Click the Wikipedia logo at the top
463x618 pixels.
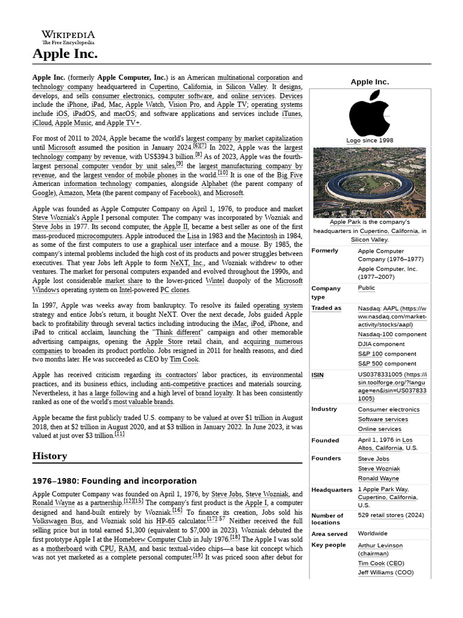(x=68, y=37)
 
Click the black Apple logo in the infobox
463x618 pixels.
(x=370, y=113)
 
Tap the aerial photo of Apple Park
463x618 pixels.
(x=370, y=182)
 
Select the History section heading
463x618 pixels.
(x=50, y=456)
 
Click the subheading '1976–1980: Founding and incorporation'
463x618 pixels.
(x=115, y=481)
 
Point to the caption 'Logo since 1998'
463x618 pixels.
(x=370, y=141)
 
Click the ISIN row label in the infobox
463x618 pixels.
(x=317, y=375)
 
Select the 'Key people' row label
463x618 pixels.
(x=329, y=545)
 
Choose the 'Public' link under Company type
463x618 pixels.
(x=366, y=288)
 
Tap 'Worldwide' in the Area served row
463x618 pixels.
(x=373, y=534)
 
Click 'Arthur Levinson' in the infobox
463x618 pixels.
(x=380, y=545)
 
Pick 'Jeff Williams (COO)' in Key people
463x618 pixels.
(x=385, y=572)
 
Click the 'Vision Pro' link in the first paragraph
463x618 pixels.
(x=187, y=104)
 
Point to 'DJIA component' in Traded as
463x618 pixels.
(x=381, y=344)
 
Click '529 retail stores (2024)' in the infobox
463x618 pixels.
(x=391, y=515)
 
